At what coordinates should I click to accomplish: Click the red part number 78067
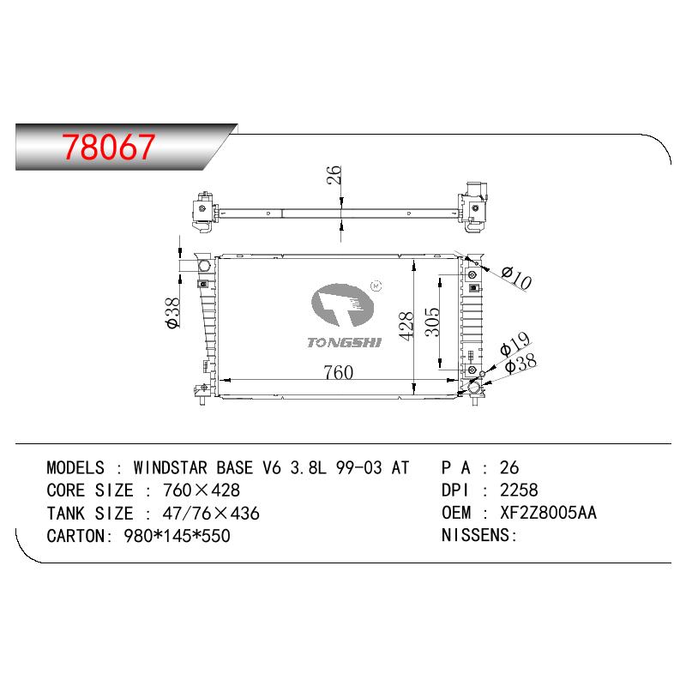[108, 147]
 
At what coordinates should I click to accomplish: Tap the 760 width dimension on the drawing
[338, 372]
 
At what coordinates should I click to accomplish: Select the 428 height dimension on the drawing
[406, 326]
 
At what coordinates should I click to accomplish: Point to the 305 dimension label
[432, 322]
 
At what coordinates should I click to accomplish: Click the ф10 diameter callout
[517, 278]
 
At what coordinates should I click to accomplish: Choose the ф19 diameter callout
[515, 344]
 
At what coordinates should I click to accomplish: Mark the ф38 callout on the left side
[173, 312]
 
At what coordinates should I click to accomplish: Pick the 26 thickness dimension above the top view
[334, 175]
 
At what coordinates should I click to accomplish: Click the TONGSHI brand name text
[345, 342]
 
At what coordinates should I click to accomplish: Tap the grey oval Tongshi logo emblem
[342, 305]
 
